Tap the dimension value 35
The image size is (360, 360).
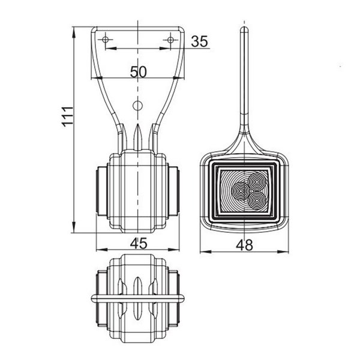point(200,41)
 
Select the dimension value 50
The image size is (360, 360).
point(139,71)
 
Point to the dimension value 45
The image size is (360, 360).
point(139,242)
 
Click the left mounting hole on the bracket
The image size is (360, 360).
point(106,40)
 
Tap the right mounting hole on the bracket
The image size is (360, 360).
point(172,40)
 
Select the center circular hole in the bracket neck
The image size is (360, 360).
point(138,106)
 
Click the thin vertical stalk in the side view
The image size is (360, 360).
point(244,78)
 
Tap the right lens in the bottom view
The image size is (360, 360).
point(175,298)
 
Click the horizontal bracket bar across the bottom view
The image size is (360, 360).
point(138,298)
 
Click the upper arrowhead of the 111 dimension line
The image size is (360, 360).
point(74,30)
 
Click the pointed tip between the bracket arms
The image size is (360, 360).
point(138,129)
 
